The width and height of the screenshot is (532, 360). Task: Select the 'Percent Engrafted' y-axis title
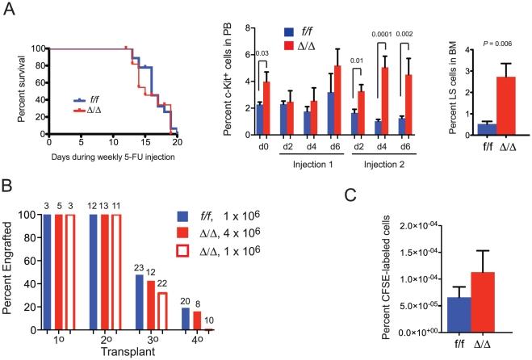[11, 270]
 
